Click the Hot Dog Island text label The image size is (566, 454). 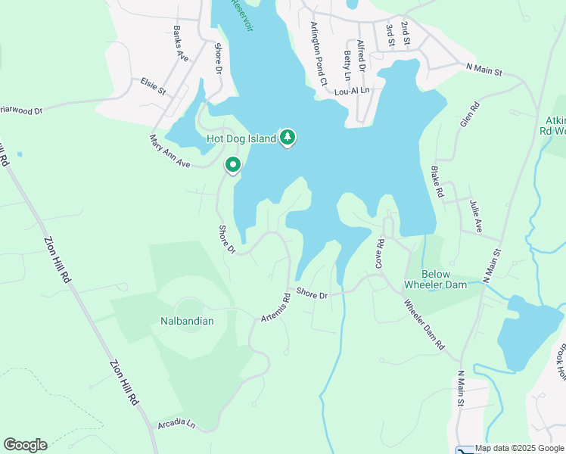[241, 139]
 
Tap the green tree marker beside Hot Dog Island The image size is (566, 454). [287, 138]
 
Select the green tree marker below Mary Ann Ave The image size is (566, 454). [233, 165]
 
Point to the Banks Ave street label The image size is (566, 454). [179, 44]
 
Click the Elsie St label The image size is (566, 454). [153, 86]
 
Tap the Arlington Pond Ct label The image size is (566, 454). [318, 53]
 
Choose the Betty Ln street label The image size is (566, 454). [347, 66]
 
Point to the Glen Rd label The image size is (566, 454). [469, 113]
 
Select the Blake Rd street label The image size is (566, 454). [437, 182]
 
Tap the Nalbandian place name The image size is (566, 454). [187, 321]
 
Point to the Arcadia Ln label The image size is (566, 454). [176, 424]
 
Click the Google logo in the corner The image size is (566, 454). [25, 445]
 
